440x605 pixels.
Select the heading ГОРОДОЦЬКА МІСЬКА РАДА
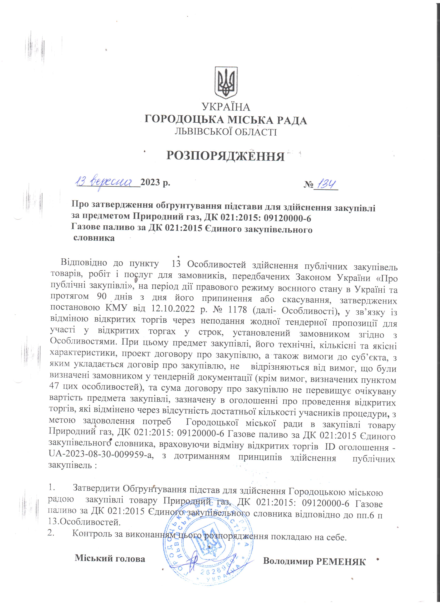(226, 120)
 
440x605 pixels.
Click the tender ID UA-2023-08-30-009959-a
(101, 456)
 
